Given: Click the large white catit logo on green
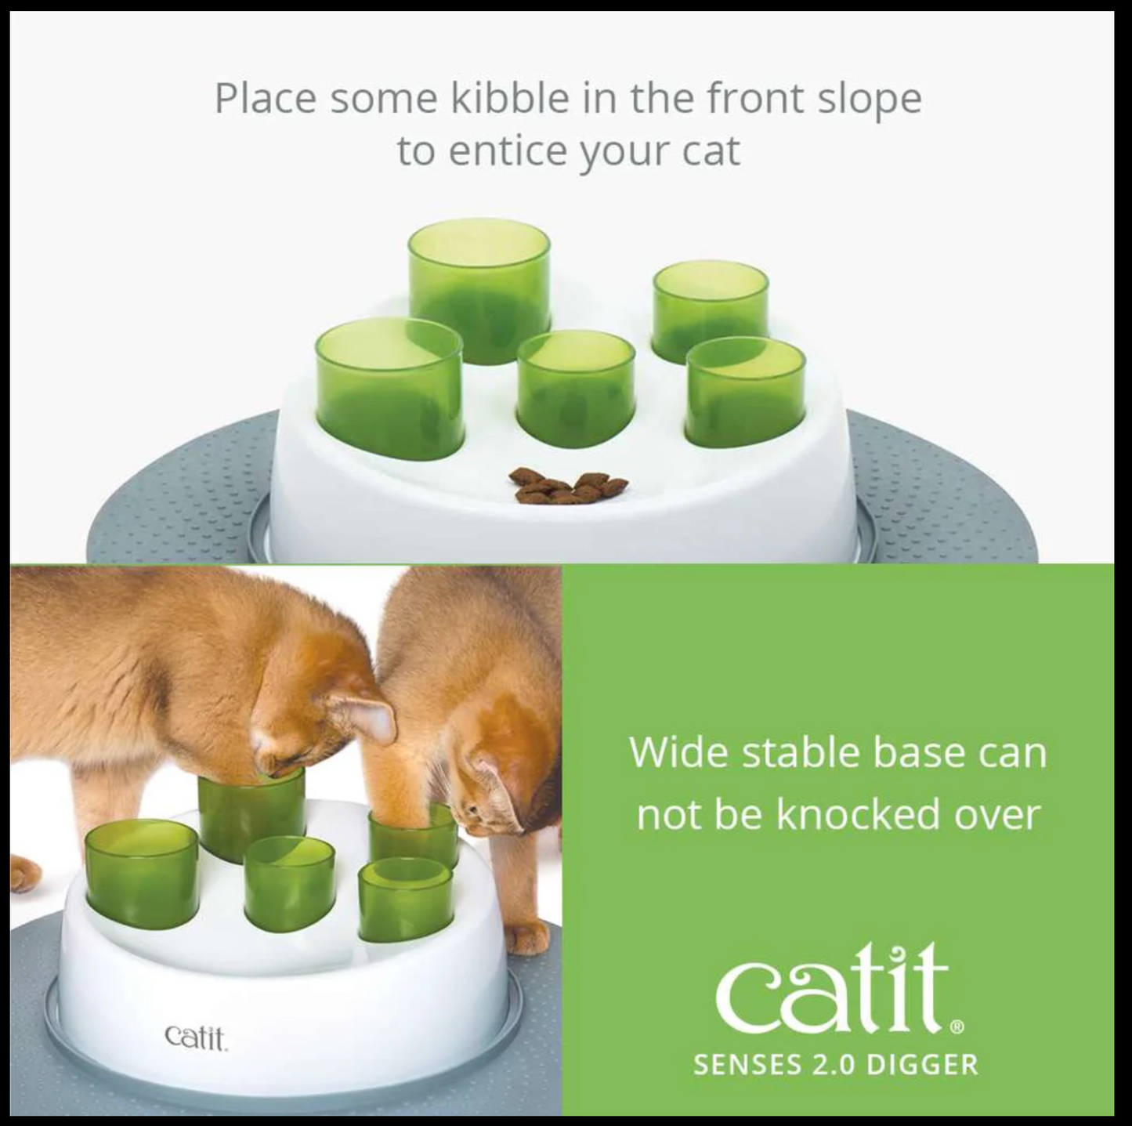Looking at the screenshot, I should click(830, 990).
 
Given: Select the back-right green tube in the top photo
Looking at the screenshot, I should click(710, 312).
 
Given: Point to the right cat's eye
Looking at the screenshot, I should click(472, 807).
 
